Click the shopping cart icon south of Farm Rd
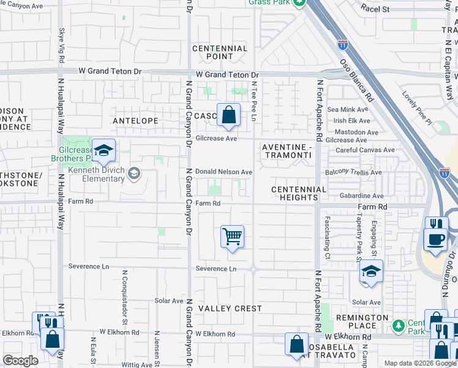[x=232, y=236]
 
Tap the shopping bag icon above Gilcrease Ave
[x=228, y=114]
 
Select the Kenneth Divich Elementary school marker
[x=134, y=175]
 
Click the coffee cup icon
[x=435, y=239]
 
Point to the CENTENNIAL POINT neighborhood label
[x=220, y=53]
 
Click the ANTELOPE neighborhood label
[x=135, y=121]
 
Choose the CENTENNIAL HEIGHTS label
[x=299, y=193]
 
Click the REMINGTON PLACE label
[x=361, y=321]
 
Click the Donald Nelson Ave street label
[x=223, y=172]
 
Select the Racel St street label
[x=375, y=9]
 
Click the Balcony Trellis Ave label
[x=355, y=173]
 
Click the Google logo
[x=20, y=360]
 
